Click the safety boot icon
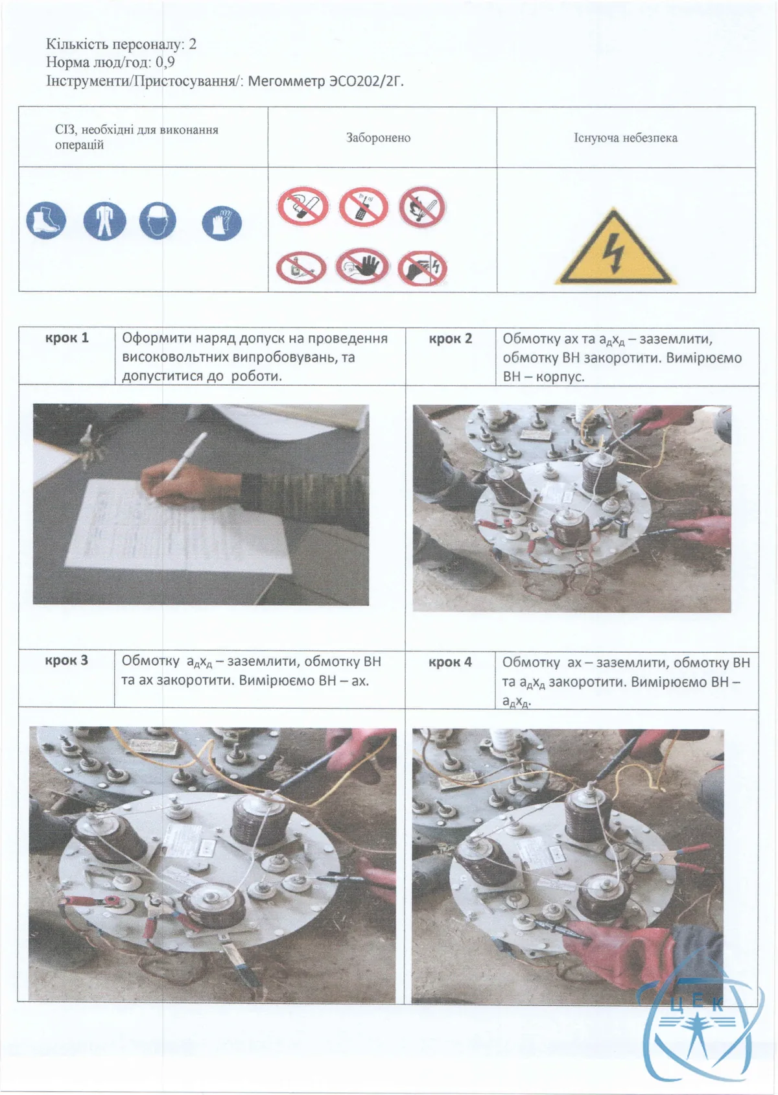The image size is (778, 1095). pos(46,220)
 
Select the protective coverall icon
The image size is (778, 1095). pos(104,221)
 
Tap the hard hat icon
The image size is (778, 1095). pos(158,221)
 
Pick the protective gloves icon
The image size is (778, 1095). pos(222,223)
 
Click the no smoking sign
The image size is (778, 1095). pos(303,206)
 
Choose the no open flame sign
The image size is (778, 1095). pos(422,207)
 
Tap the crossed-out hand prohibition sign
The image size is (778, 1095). pos(362,266)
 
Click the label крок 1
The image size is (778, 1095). pos(67,338)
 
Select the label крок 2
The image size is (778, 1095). pos(451,339)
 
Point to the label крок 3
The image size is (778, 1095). pos(67,660)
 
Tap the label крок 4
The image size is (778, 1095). pos(450,662)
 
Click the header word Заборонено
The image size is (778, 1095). pos(379,138)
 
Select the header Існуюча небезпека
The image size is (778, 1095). pos(626,138)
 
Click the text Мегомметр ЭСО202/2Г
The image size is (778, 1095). pos(326,80)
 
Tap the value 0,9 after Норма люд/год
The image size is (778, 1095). pos(165,63)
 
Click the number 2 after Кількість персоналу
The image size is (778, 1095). pos(193,45)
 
